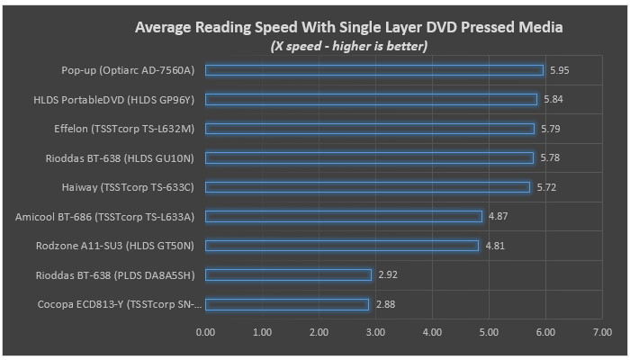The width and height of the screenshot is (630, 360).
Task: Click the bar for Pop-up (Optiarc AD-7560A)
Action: point(374,70)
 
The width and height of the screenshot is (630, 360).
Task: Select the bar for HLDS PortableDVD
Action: point(371,99)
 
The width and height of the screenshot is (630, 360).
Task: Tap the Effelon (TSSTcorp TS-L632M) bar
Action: point(370,129)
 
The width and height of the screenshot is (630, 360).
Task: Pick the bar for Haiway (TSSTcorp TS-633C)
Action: point(368,187)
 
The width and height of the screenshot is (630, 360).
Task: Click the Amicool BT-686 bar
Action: point(344,216)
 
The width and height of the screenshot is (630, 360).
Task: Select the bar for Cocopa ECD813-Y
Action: point(287,304)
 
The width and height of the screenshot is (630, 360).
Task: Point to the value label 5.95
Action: point(559,70)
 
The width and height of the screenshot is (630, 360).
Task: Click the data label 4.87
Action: point(498,216)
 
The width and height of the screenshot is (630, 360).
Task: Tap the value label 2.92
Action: point(387,274)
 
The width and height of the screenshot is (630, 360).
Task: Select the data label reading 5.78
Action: point(549,157)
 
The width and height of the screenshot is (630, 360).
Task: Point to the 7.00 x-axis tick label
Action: point(602,332)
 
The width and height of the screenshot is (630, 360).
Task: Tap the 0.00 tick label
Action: point(205,332)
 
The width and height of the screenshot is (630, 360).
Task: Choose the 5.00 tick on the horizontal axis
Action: point(489,332)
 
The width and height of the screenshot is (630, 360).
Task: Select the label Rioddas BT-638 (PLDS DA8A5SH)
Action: point(121,274)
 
